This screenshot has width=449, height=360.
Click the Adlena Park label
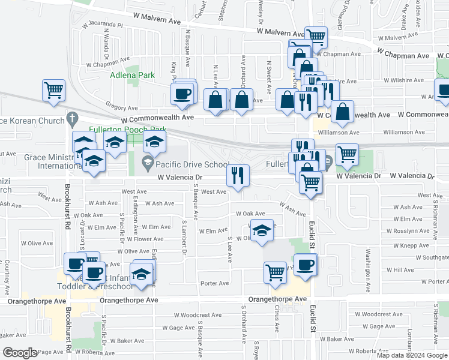point(132,75)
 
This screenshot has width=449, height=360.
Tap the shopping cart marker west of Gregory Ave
point(53,90)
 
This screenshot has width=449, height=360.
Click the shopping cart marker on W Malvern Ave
point(316,37)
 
